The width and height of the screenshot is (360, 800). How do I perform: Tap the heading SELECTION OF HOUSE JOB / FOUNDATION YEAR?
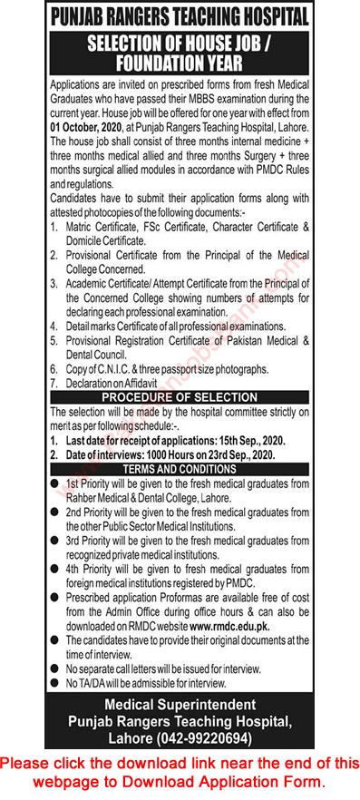click(180, 52)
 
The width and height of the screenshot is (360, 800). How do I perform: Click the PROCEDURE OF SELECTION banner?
click(179, 397)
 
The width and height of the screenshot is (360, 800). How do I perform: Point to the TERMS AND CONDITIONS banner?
click(179, 468)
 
